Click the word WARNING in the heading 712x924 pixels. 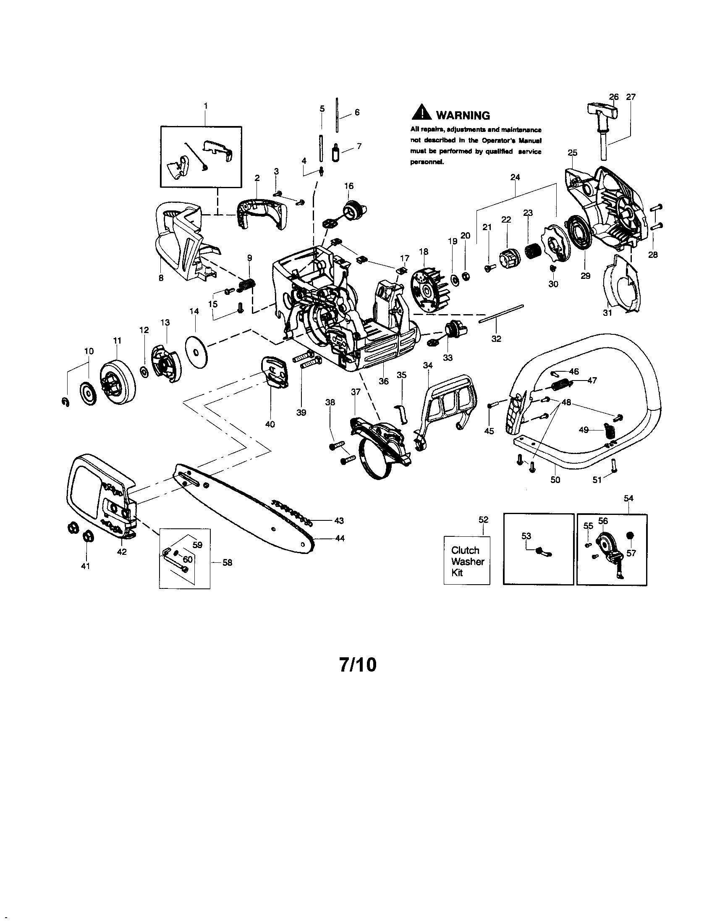point(463,115)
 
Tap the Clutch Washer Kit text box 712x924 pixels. point(467,561)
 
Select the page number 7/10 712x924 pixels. point(357,665)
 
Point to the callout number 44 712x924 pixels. point(340,538)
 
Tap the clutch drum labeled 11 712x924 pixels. point(116,379)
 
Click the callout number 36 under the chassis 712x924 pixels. point(383,381)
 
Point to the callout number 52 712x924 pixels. point(483,520)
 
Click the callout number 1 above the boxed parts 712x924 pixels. point(206,106)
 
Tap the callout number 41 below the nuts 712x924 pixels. point(85,566)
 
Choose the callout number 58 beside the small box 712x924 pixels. point(227,562)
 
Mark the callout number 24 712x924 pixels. point(515,177)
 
